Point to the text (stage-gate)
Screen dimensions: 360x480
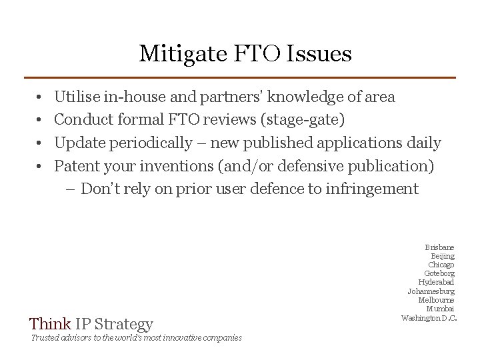(306, 120)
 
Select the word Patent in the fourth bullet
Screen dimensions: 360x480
(75, 165)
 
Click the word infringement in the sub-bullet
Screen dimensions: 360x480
(373, 189)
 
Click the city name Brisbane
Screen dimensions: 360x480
(439, 247)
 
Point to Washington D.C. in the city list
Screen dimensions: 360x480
(429, 317)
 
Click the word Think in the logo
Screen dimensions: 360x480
(49, 325)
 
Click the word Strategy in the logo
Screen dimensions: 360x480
(123, 325)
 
